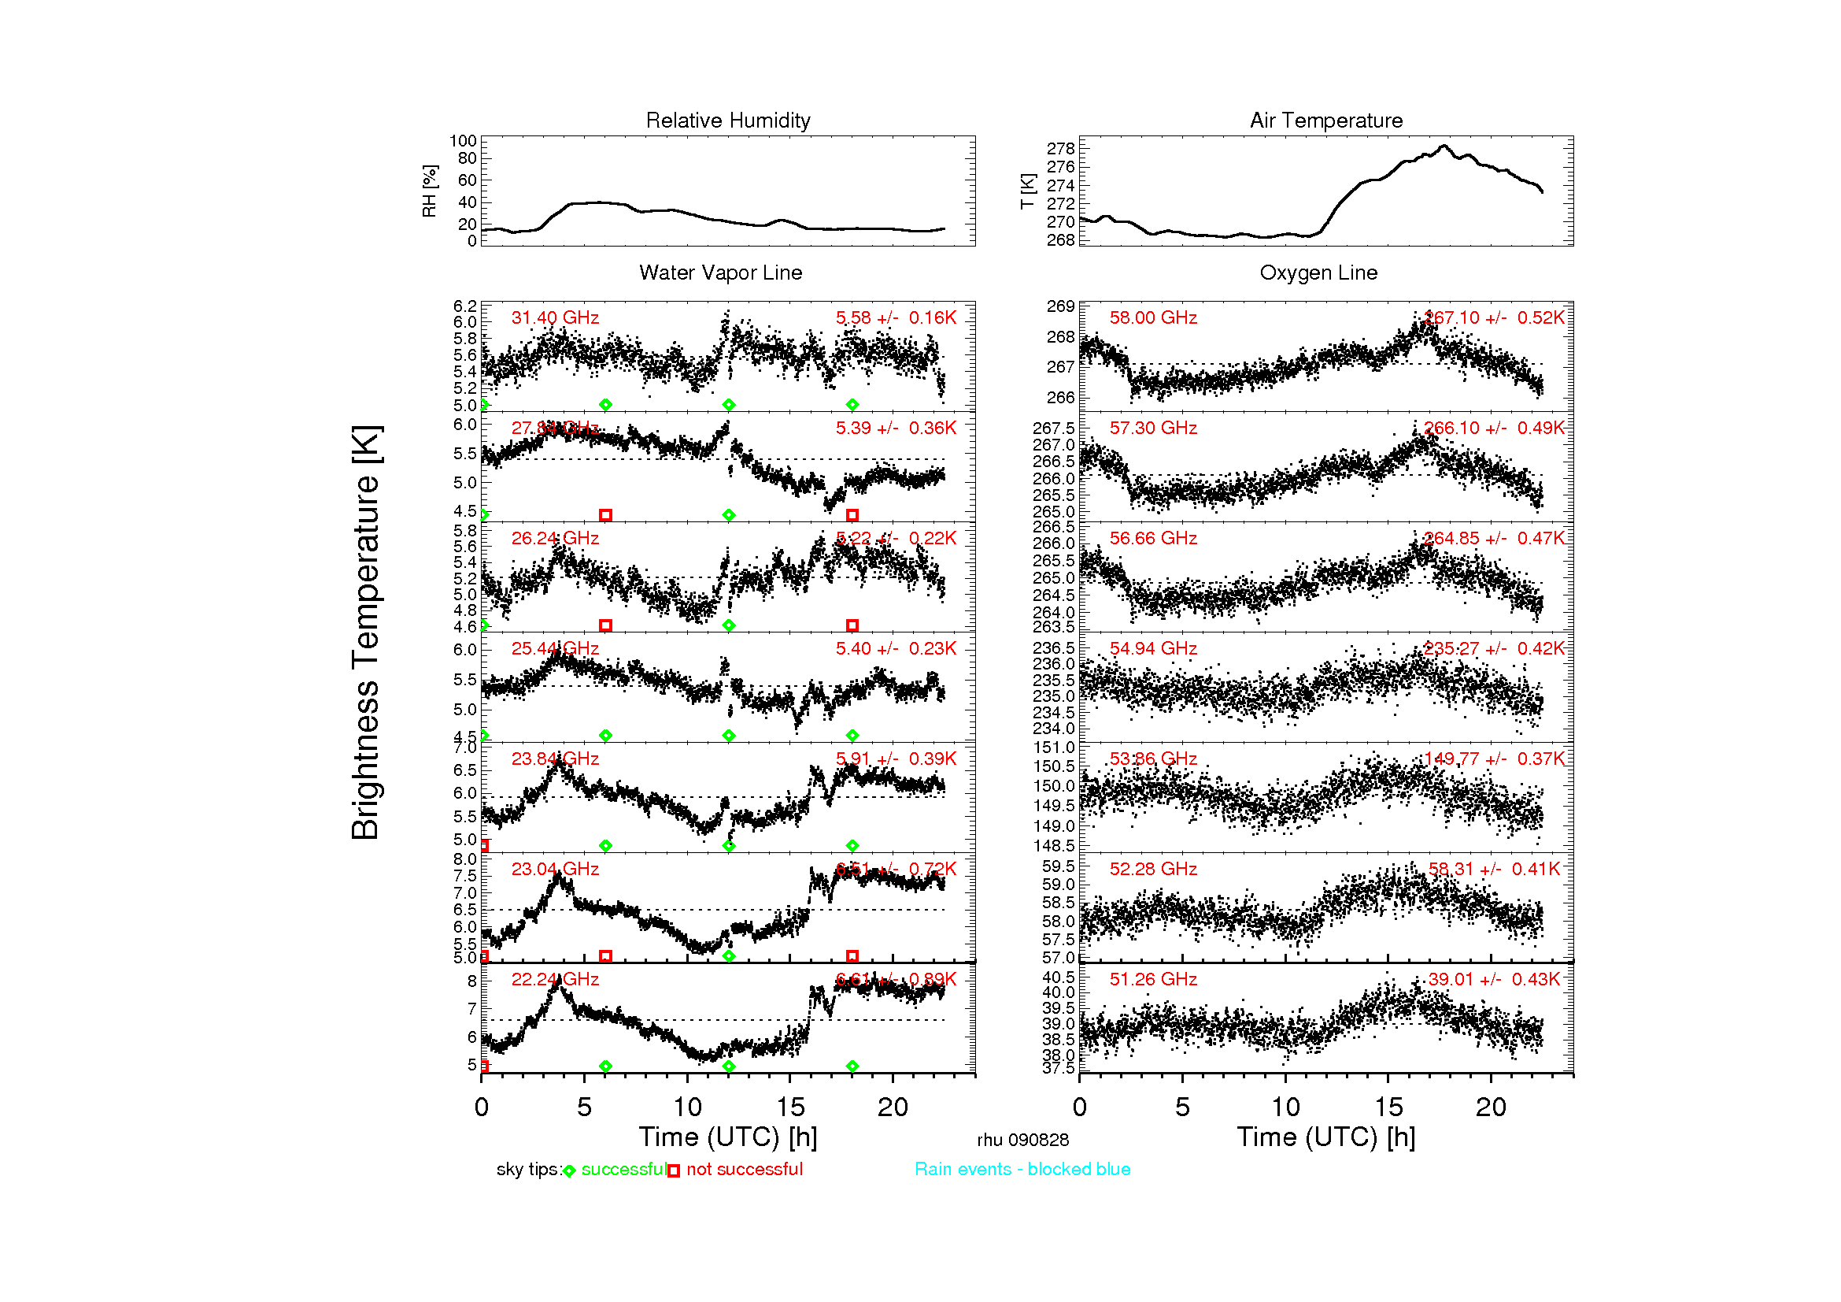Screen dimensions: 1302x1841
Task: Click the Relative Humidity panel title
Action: point(727,121)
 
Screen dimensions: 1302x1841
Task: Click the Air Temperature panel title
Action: point(1325,121)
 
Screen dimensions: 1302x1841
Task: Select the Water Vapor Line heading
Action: point(720,273)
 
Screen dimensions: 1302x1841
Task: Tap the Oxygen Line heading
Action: point(1318,273)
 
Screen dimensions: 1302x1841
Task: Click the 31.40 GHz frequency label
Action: point(555,317)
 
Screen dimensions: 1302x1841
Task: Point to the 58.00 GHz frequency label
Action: point(1153,317)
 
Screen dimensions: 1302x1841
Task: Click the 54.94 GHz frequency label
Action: point(1153,648)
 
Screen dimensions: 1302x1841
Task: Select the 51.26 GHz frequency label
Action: point(1153,979)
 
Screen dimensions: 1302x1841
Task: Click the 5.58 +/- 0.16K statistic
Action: point(896,317)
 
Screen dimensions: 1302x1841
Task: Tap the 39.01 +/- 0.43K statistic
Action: point(1494,979)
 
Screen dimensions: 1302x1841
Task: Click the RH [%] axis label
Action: point(429,191)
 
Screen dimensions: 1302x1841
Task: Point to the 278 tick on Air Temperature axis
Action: point(1060,148)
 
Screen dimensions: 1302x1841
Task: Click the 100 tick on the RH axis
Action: point(463,141)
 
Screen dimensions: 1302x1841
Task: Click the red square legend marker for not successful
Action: point(674,1170)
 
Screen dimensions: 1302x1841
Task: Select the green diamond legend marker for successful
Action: point(569,1170)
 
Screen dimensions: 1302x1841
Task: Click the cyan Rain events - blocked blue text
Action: point(1022,1169)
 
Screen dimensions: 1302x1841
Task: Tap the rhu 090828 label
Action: point(1022,1140)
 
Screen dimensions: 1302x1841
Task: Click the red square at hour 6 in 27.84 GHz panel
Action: point(605,515)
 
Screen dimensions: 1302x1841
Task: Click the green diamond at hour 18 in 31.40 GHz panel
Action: point(852,405)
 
